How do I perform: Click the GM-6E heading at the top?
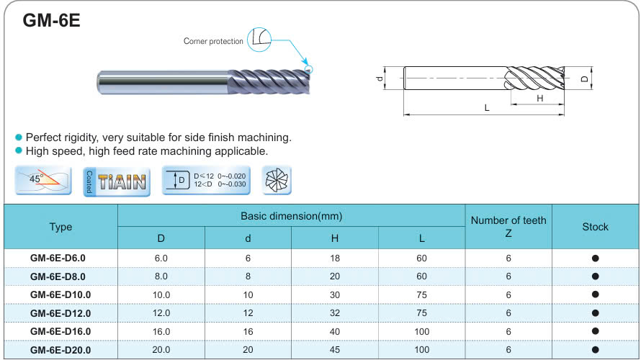coord(52,20)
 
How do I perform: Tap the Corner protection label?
coord(213,41)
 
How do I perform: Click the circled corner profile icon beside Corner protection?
coord(259,39)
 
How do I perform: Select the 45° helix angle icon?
coord(43,180)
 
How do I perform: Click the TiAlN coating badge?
coord(117,181)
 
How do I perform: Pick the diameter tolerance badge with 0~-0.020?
coord(206,180)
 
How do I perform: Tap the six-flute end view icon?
coord(277,180)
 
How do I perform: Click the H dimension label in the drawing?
coord(540,98)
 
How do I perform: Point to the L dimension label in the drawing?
coord(486,108)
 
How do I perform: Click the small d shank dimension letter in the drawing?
coord(380,78)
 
